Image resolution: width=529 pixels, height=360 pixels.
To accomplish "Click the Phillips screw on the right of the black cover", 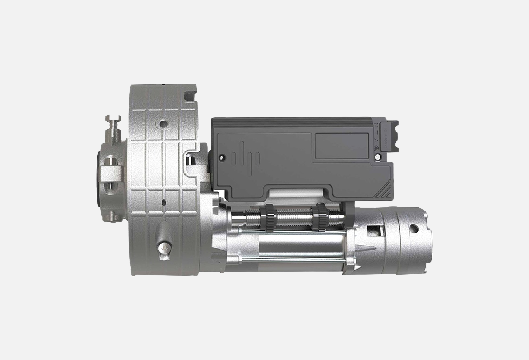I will [x=377, y=157].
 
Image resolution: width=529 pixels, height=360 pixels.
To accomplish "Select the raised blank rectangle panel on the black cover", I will [x=341, y=146].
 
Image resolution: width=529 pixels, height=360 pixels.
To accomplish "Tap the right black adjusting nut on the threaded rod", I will [x=320, y=217].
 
